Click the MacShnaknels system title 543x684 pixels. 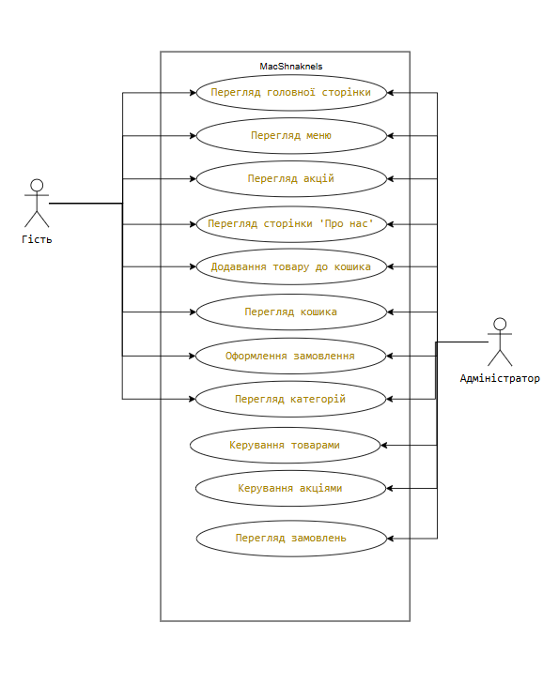[291, 67]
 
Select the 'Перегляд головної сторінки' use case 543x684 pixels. [291, 93]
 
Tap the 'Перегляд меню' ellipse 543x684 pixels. [291, 136]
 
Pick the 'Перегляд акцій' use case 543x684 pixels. [291, 179]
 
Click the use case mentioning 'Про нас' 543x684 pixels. [291, 224]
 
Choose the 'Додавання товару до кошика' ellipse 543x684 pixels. [291, 266]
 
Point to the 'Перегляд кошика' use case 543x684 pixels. [291, 312]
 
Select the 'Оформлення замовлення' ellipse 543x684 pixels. [290, 356]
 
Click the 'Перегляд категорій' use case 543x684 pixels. [290, 399]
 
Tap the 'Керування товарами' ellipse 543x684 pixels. [286, 445]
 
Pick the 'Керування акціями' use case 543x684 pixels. [290, 488]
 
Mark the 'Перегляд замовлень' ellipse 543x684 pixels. [291, 539]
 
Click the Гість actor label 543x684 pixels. [37, 239]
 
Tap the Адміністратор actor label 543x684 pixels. [500, 378]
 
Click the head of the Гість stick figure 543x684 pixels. [37, 185]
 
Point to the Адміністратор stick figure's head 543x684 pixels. [500, 324]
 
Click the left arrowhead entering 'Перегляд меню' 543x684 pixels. [193, 136]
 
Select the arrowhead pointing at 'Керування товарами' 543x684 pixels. [384, 445]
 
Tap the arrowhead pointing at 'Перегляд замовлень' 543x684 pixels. [391, 539]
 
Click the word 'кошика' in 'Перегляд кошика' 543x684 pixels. [318, 312]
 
